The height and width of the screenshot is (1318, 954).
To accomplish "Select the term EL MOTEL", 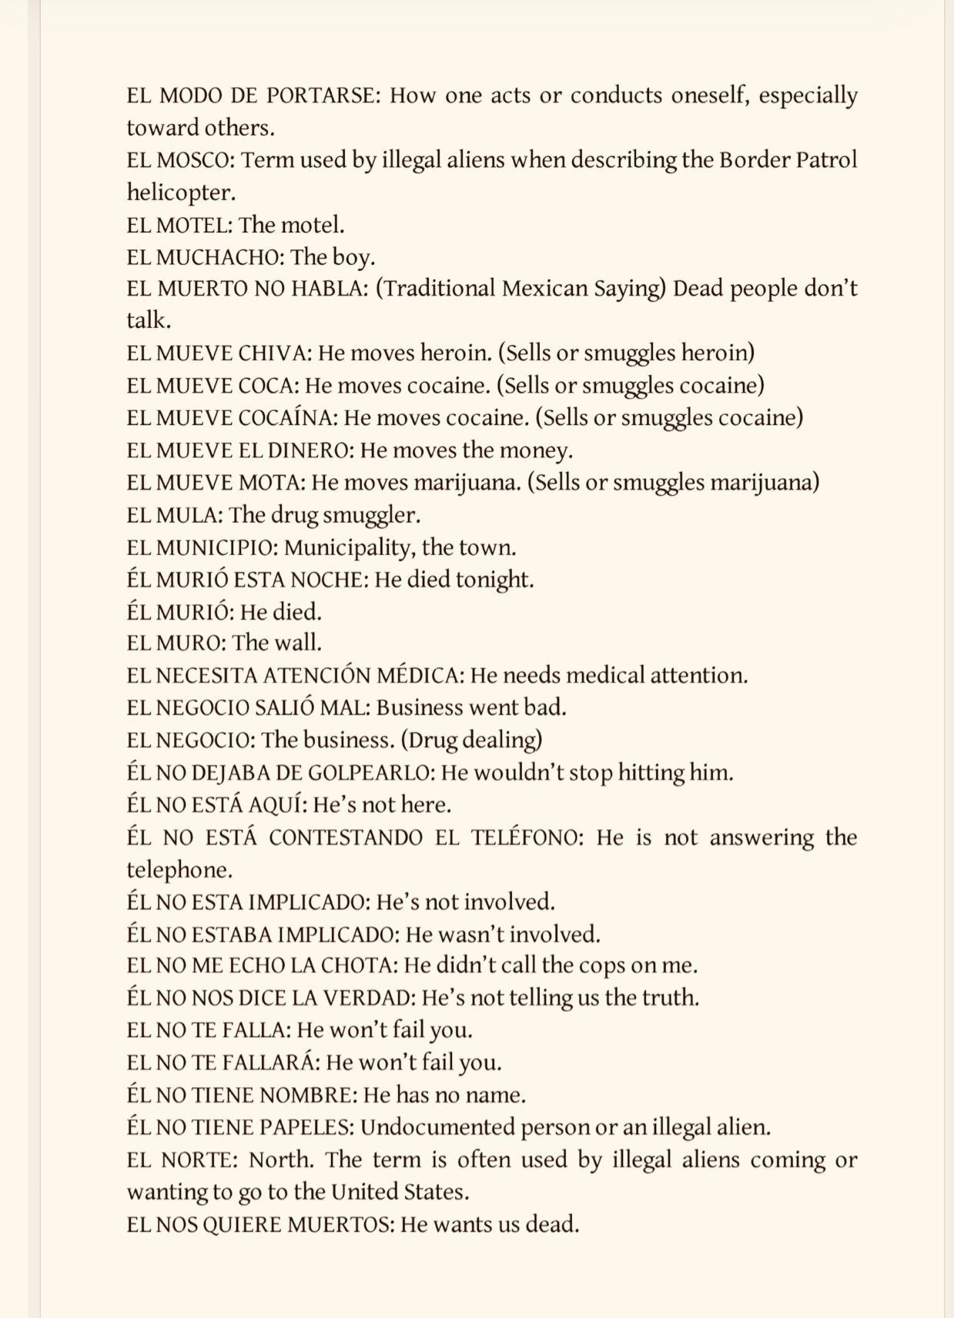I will pyautogui.click(x=179, y=225).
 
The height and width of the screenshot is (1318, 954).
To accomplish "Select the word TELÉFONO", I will pyautogui.click(x=527, y=838).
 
